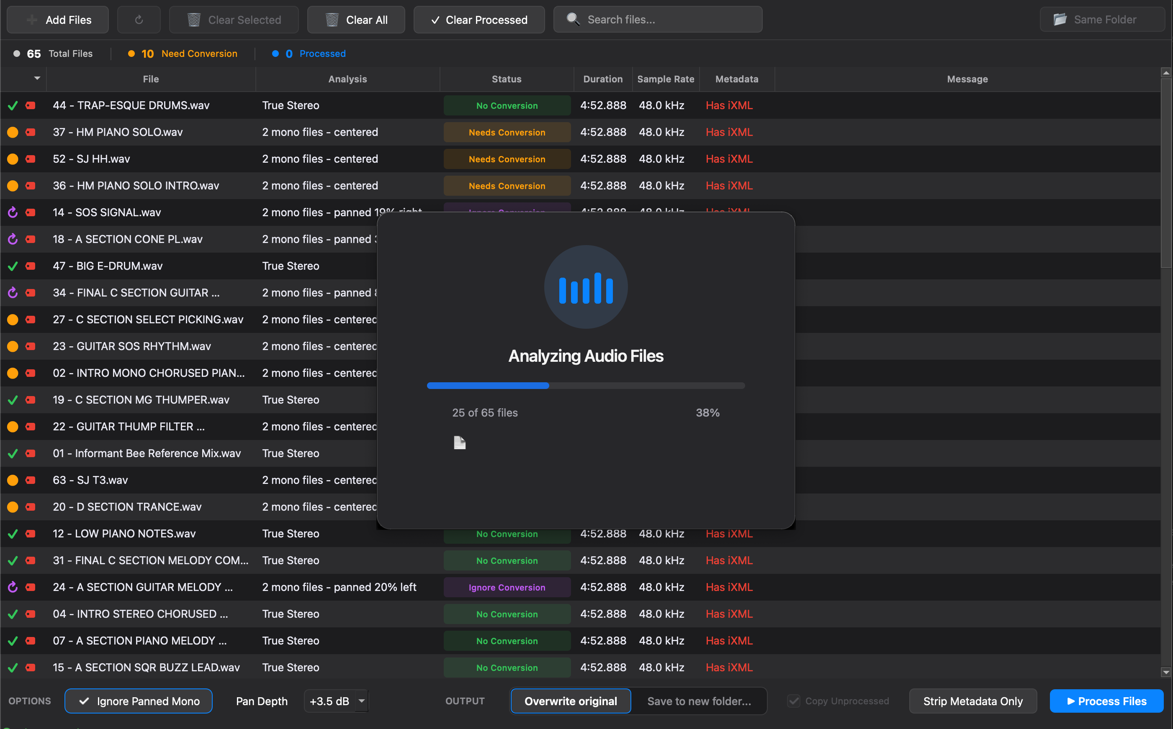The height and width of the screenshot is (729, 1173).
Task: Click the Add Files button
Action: pos(58,20)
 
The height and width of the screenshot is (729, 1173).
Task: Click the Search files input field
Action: pos(666,20)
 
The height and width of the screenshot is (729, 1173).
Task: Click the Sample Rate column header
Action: pos(665,79)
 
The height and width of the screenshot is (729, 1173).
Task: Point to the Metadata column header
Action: pos(736,79)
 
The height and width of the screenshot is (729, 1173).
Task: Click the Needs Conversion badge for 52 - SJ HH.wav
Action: pos(507,159)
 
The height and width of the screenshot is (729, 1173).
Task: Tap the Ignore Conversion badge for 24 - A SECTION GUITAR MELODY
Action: pos(507,587)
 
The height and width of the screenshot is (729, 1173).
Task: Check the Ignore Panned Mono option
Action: pos(139,701)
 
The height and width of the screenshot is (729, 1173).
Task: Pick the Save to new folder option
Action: pos(699,701)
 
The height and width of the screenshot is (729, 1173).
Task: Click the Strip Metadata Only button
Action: pos(972,701)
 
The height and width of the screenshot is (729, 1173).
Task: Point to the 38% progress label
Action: pos(707,413)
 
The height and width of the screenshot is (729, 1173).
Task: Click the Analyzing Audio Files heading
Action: pos(586,356)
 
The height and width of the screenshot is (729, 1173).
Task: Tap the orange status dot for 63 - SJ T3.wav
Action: pos(13,480)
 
